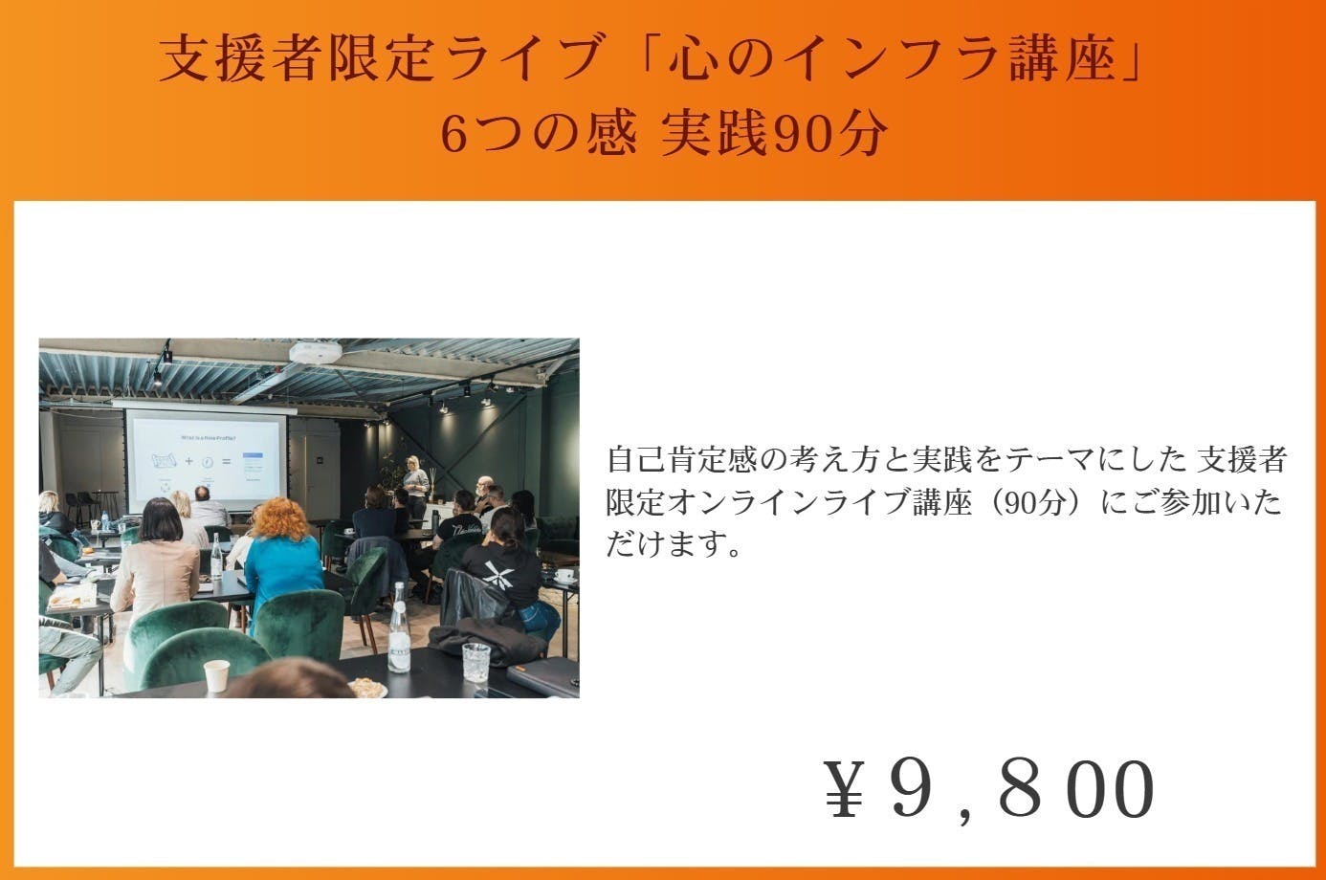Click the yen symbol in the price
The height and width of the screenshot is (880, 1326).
pyautogui.click(x=844, y=789)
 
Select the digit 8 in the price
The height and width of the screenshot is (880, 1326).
pyautogui.click(x=1021, y=789)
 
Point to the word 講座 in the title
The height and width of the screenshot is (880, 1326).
pyautogui.click(x=1063, y=57)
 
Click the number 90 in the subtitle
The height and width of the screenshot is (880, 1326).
pyautogui.click(x=804, y=134)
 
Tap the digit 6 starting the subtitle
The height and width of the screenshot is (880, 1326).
pyautogui.click(x=454, y=134)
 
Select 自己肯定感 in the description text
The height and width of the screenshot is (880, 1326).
pyautogui.click(x=681, y=459)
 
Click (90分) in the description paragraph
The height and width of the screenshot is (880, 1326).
pyautogui.click(x=1041, y=502)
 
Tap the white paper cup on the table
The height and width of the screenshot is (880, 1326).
pyautogui.click(x=216, y=676)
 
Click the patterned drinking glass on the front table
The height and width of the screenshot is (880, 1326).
pyautogui.click(x=475, y=663)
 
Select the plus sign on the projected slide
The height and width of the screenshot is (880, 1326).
pyautogui.click(x=188, y=461)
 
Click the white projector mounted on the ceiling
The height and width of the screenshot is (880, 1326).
pyautogui.click(x=316, y=352)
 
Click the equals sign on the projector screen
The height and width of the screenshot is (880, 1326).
pyautogui.click(x=226, y=461)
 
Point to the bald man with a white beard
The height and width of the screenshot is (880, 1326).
pyautogui.click(x=484, y=492)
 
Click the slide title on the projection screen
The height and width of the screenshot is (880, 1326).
pyautogui.click(x=208, y=438)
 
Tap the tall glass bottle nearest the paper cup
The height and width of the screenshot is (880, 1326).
pyautogui.click(x=399, y=628)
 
